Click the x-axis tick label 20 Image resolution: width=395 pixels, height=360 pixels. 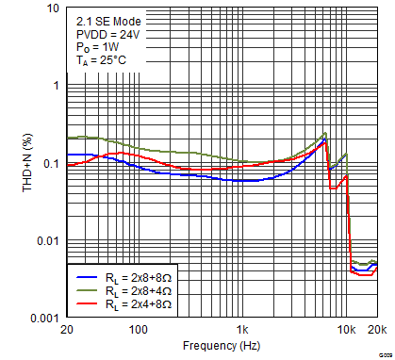tap(66, 331)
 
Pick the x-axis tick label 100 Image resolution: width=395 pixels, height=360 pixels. tap(139, 331)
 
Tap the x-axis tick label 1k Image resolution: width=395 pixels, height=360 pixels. tap(242, 331)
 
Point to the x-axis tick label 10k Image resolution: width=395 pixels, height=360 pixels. tap(346, 331)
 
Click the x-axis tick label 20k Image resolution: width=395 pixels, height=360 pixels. tap(376, 331)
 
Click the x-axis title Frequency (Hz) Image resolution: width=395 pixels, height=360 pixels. tap(221, 347)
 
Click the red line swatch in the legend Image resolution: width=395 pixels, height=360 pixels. tap(86, 306)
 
